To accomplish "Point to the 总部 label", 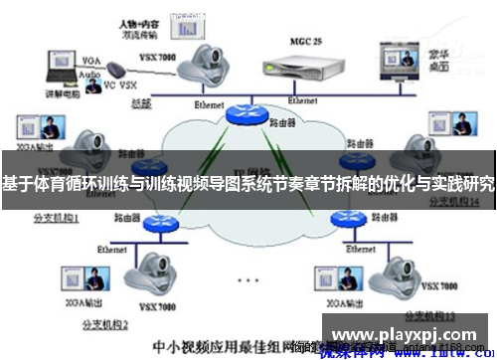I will point(140,101).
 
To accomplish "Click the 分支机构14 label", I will point(452,201).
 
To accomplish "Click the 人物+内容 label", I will point(135,21).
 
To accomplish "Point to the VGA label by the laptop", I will point(91,59).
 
